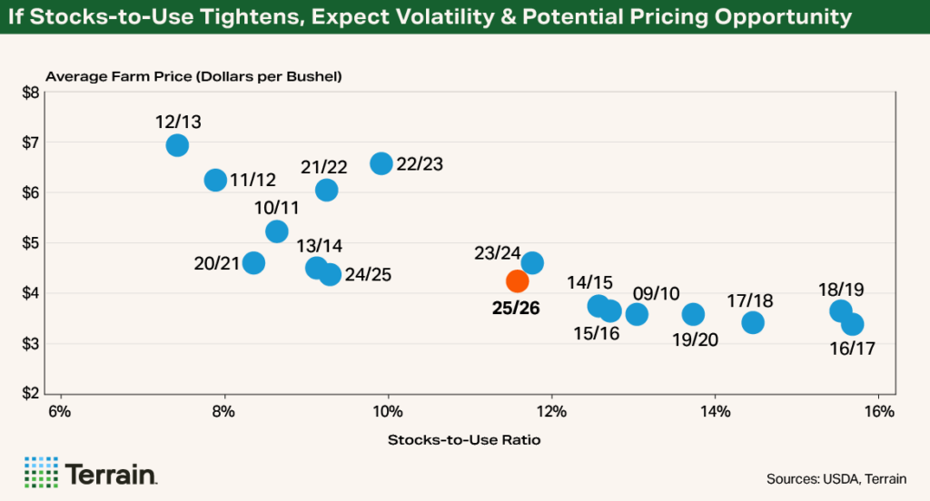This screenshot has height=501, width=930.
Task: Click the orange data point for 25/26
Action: click(x=517, y=280)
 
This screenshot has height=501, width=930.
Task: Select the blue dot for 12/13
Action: click(x=178, y=145)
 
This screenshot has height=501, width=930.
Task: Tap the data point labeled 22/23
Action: click(x=381, y=163)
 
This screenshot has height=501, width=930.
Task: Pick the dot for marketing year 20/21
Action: click(x=254, y=263)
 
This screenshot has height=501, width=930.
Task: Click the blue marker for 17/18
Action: click(x=753, y=322)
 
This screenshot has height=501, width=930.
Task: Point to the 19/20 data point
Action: click(x=693, y=314)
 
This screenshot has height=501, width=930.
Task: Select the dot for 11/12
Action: click(x=215, y=180)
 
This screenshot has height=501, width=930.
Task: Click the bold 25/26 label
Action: click(x=516, y=309)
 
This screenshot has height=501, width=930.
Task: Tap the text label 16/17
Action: click(x=853, y=348)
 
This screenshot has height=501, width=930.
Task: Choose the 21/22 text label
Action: click(x=324, y=167)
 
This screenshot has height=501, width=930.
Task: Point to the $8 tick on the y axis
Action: click(x=30, y=93)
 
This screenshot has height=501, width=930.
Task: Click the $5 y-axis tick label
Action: click(x=30, y=243)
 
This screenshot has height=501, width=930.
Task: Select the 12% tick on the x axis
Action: click(x=551, y=411)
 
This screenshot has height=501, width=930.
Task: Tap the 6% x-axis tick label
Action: click(x=60, y=411)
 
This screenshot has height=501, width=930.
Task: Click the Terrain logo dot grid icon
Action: click(x=40, y=472)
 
